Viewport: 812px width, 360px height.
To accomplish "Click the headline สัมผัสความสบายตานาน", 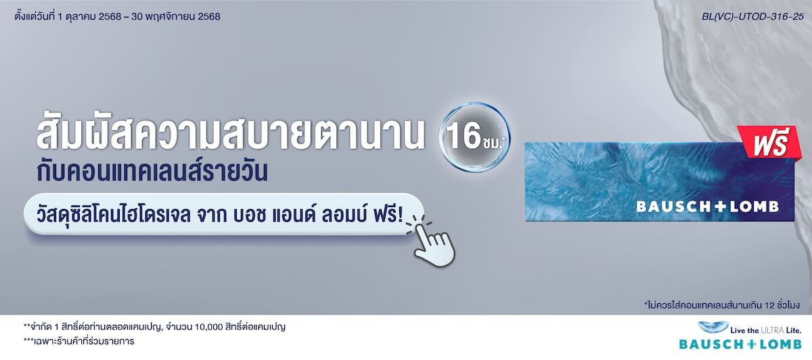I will [234, 133].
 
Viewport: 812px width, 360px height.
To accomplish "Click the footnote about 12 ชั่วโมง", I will [722, 305].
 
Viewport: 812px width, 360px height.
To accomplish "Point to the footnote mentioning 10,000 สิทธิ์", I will [154, 327].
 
